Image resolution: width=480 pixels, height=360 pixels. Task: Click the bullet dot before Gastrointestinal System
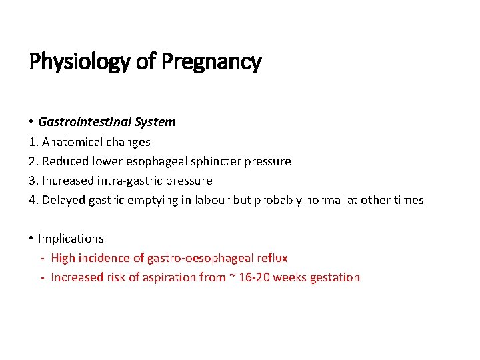[32, 121]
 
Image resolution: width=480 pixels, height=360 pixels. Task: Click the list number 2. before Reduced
[34, 161]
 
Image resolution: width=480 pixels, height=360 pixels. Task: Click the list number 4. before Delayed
[34, 200]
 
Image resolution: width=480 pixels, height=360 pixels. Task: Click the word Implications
[71, 239]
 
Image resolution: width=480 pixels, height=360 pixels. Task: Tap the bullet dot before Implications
[32, 239]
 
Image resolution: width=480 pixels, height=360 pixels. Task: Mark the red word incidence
[104, 258]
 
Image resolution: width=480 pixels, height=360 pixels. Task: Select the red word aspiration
[168, 277]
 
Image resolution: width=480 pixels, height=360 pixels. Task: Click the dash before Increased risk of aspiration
[43, 277]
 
